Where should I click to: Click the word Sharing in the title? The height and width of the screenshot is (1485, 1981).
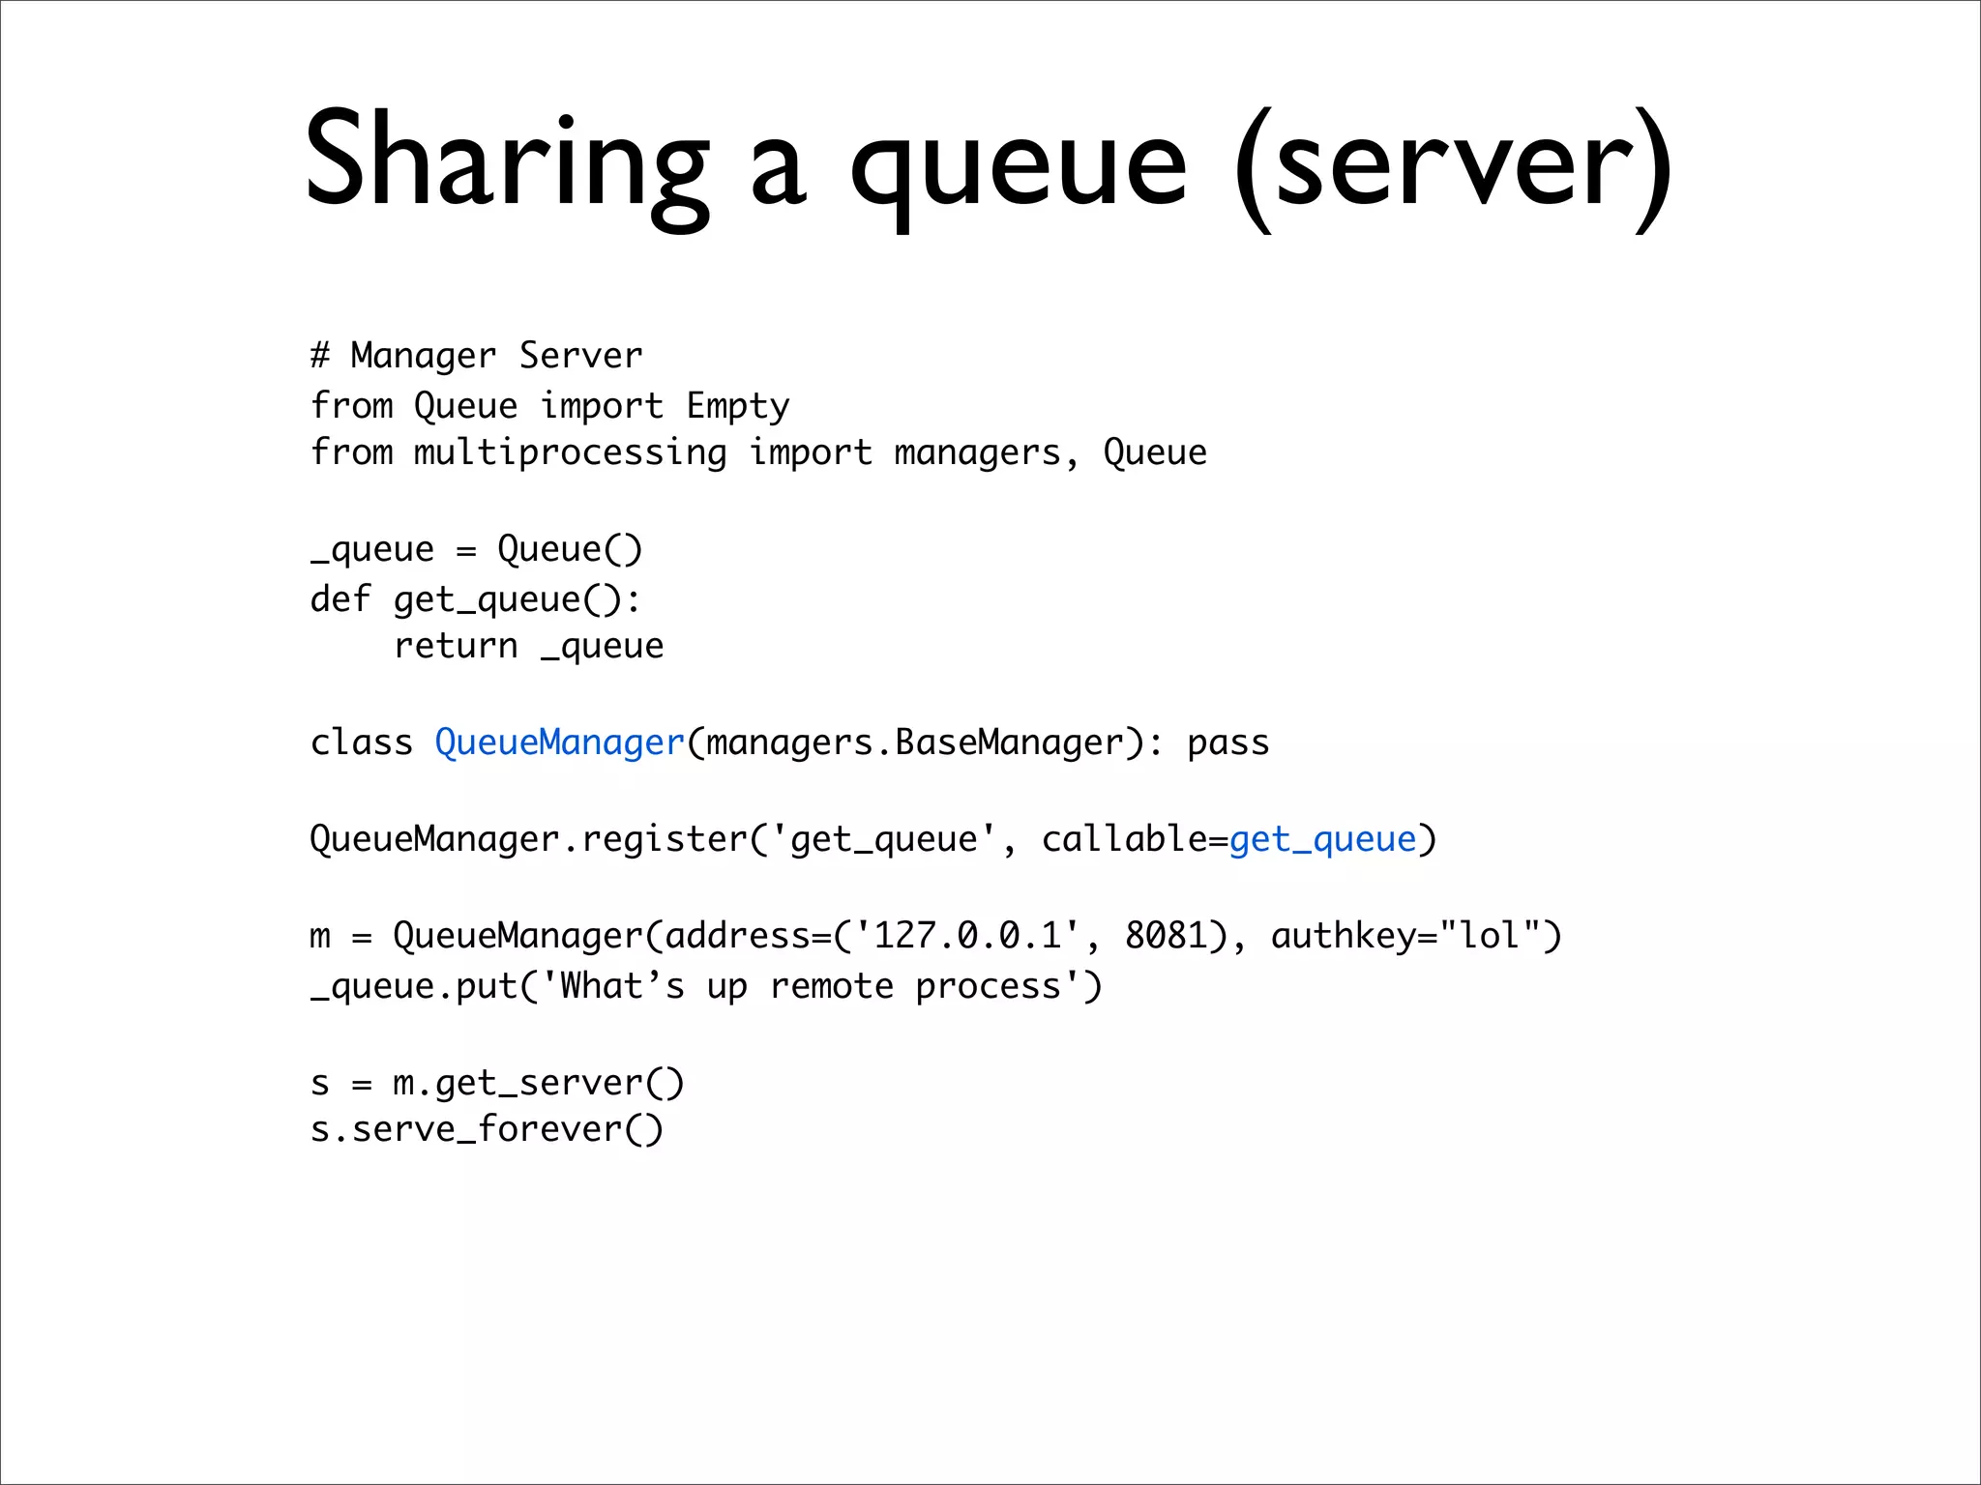pyautogui.click(x=508, y=160)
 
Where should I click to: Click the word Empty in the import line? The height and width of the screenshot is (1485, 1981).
pyautogui.click(x=738, y=407)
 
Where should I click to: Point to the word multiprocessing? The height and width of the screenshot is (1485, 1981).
pyautogui.click(x=571, y=453)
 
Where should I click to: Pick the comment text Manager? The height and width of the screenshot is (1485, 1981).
pyautogui.click(x=423, y=357)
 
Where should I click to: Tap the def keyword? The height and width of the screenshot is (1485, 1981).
pyautogui.click(x=340, y=598)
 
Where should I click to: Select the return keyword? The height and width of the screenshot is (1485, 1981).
pyautogui.click(x=456, y=646)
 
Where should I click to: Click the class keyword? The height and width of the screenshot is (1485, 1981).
pyautogui.click(x=361, y=742)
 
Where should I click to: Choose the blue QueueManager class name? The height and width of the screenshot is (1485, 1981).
pyautogui.click(x=560, y=742)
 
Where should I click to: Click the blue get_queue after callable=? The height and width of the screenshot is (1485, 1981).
pyautogui.click(x=1322, y=839)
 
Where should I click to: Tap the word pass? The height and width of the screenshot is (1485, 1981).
pyautogui.click(x=1227, y=742)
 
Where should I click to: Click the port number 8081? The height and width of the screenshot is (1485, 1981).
pyautogui.click(x=1166, y=936)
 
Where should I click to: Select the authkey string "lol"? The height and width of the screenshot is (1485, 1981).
pyautogui.click(x=1490, y=936)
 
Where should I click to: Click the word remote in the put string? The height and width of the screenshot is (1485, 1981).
pyautogui.click(x=832, y=986)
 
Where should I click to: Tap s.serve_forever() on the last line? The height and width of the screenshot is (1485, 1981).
pyautogui.click(x=487, y=1129)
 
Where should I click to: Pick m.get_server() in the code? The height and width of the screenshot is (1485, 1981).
pyautogui.click(x=538, y=1083)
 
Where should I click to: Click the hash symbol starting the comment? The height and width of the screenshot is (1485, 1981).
pyautogui.click(x=320, y=356)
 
